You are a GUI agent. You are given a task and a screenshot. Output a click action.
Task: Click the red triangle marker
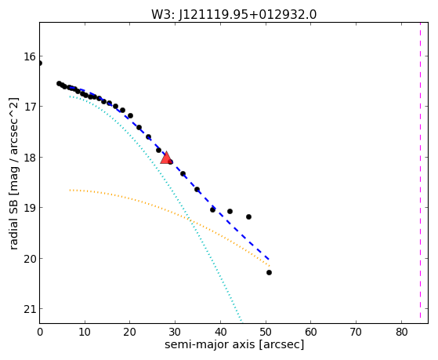[x=166, y=158]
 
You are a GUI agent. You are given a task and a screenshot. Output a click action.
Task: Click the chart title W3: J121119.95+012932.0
[x=233, y=14]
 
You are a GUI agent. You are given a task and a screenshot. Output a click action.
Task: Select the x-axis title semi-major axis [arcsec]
[x=234, y=344]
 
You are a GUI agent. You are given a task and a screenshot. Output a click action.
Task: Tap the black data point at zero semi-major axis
[x=40, y=64]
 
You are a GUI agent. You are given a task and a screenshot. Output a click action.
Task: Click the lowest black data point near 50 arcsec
[x=269, y=272]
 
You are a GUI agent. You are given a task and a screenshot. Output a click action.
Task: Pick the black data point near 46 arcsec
[x=248, y=216]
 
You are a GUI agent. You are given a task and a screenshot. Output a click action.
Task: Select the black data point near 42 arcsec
[x=230, y=211]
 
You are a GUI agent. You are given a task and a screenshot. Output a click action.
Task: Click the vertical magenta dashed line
[x=420, y=170]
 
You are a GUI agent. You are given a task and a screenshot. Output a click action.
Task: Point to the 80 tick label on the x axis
[x=401, y=332]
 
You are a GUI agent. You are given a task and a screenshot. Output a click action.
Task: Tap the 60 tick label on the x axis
[x=311, y=332]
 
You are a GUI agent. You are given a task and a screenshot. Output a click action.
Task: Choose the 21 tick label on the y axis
[x=30, y=309]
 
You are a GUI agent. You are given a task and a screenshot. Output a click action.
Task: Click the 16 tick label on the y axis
[x=30, y=56]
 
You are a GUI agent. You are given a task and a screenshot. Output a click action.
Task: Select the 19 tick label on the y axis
[x=30, y=208]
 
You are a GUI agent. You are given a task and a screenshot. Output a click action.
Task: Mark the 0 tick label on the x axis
[x=40, y=332]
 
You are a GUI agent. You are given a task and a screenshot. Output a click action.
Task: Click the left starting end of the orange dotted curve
[x=70, y=191]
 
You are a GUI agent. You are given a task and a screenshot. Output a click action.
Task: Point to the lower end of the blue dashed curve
[x=269, y=259]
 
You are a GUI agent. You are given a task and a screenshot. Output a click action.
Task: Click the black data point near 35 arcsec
[x=197, y=189]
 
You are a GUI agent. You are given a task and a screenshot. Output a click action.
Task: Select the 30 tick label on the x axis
[x=176, y=332]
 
